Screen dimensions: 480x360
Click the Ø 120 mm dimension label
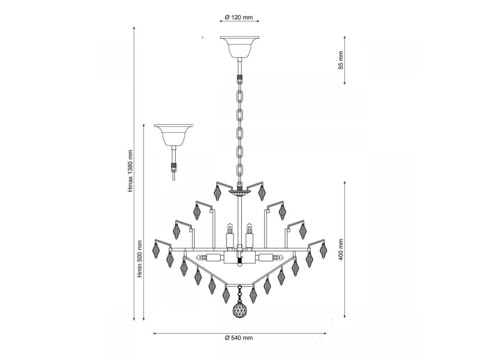[238, 17]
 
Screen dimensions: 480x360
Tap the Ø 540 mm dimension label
[238, 338]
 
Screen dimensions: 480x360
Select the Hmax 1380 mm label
[130, 171]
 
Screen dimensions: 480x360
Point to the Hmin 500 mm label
[140, 259]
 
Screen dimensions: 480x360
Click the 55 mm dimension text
[341, 60]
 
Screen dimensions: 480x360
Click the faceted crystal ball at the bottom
[240, 310]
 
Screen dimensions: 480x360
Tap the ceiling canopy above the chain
[240, 47]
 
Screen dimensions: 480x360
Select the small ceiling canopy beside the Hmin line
[174, 135]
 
